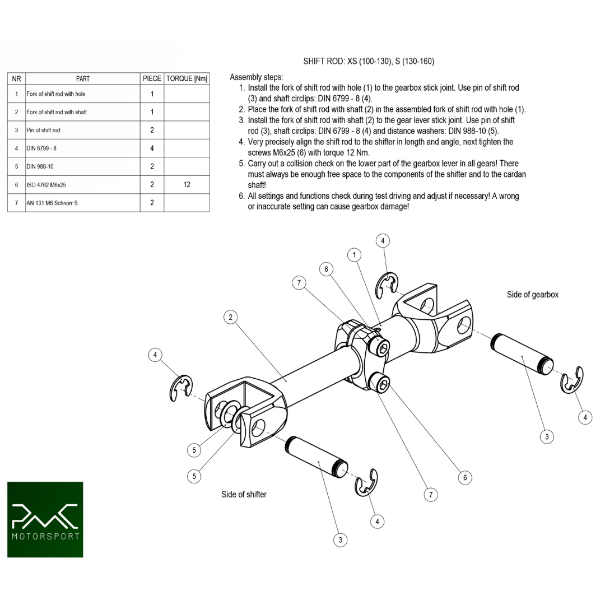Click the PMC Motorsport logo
point(45,519)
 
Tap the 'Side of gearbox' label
point(532,295)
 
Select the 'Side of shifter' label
point(244,495)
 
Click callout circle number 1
point(353,255)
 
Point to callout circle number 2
point(230,318)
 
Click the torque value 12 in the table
point(187,184)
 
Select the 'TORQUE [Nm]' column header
point(187,79)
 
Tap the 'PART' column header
point(82,79)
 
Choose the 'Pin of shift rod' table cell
point(43,130)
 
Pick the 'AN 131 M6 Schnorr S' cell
point(52,203)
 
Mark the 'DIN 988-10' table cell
point(40,166)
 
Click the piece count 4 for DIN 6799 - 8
point(152,148)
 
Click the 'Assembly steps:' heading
point(257,77)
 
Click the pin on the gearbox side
point(522,354)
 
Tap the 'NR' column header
point(16,79)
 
